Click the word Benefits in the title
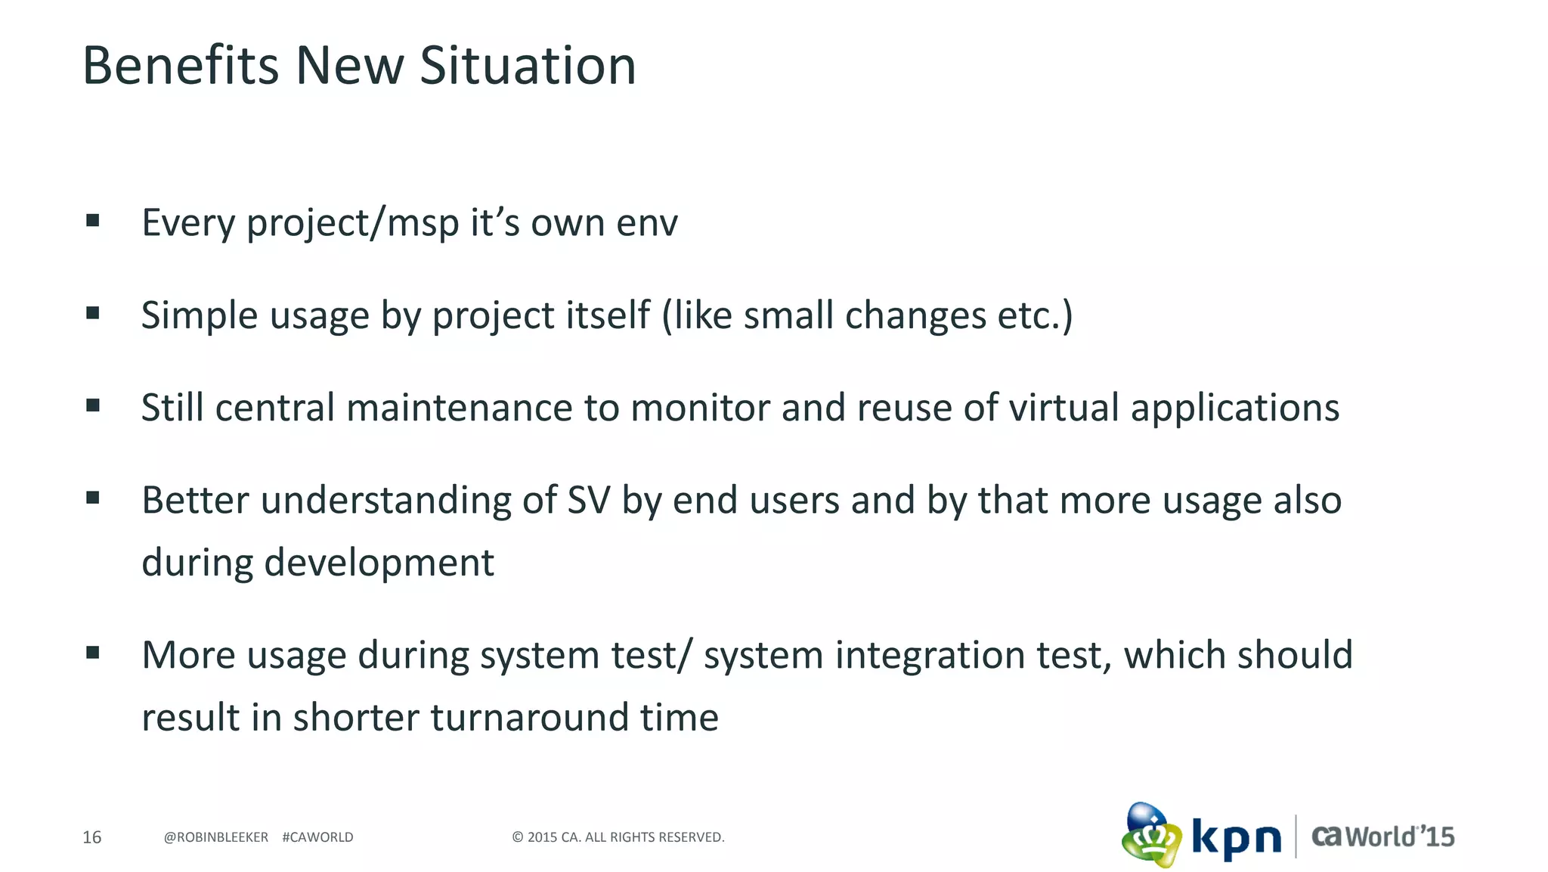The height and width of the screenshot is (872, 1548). (180, 66)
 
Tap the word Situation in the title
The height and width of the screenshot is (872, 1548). (528, 66)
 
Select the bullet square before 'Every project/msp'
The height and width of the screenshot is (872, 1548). (93, 221)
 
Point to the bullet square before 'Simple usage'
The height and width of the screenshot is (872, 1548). (93, 313)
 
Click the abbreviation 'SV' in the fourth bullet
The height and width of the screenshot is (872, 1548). (588, 501)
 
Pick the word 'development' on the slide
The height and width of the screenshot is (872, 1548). (379, 563)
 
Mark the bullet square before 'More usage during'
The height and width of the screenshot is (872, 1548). (93, 653)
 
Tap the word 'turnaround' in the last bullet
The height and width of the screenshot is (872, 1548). (529, 718)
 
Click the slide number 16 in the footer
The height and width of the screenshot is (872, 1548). (91, 837)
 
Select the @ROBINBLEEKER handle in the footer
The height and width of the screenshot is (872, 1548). (215, 837)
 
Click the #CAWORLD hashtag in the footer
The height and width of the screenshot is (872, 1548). (317, 837)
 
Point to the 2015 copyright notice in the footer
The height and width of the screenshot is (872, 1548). (618, 837)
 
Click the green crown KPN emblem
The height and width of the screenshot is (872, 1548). (1150, 836)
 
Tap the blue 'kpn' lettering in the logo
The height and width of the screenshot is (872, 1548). (1237, 839)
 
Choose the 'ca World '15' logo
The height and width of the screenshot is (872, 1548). (1382, 836)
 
